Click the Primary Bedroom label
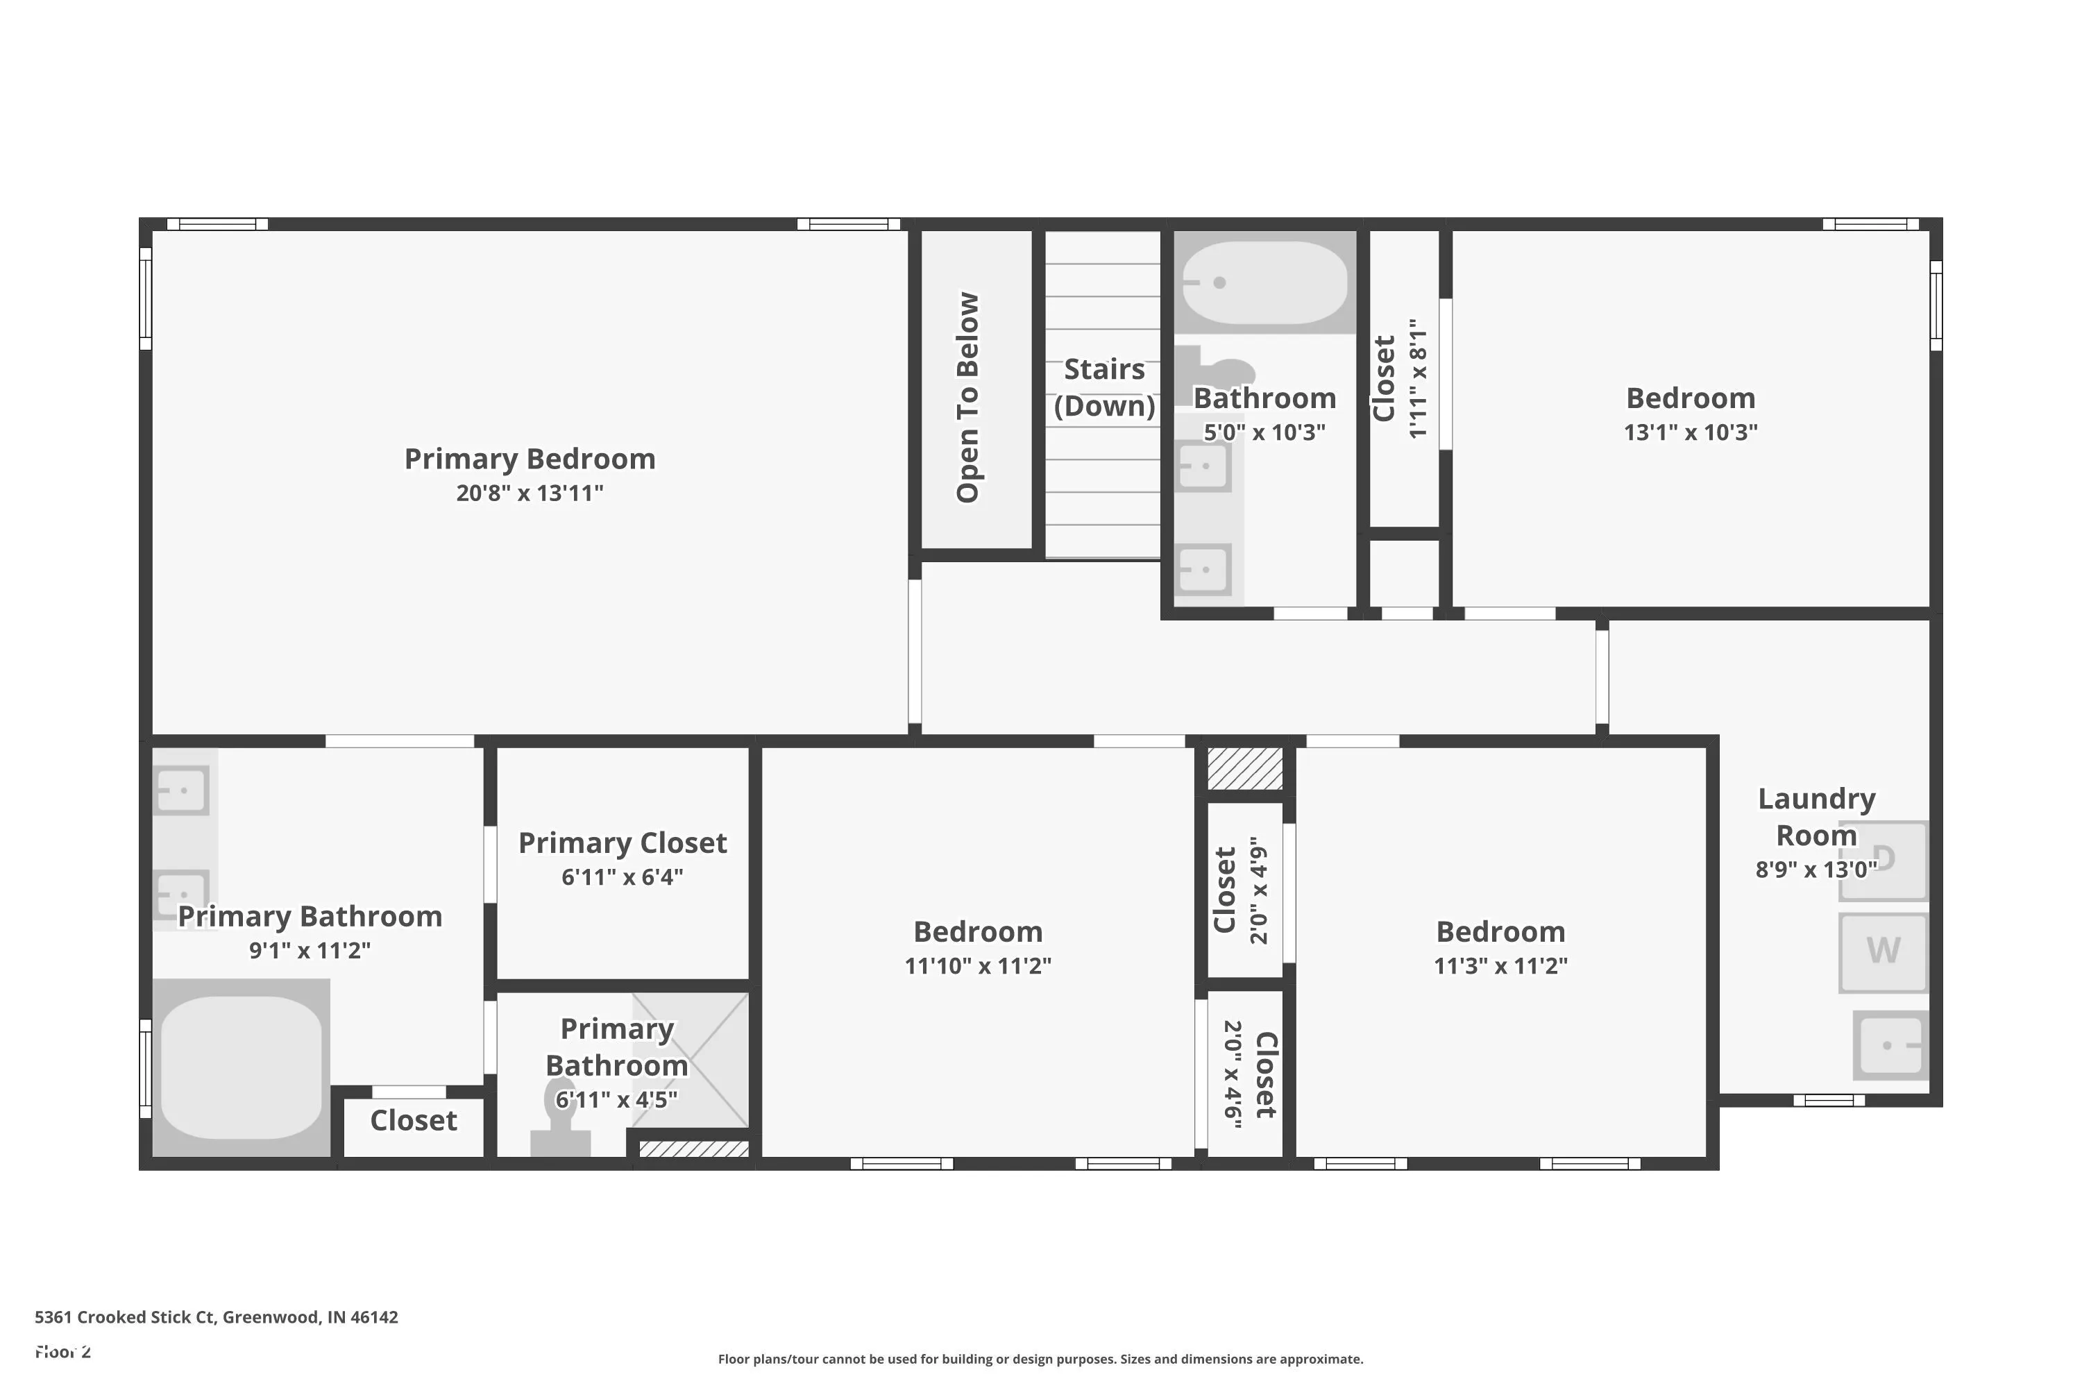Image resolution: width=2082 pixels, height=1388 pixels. [x=530, y=459]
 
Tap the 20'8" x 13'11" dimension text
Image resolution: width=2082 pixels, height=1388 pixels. [x=530, y=493]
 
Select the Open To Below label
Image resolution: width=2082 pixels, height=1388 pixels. [x=967, y=398]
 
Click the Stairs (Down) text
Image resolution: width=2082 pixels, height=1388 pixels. [x=1104, y=387]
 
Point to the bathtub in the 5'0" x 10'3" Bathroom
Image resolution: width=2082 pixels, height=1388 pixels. [x=1265, y=282]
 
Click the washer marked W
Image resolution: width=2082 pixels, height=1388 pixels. [x=1883, y=951]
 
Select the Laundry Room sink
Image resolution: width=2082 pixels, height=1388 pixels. [x=1890, y=1045]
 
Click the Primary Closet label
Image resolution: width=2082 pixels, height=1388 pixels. [x=623, y=843]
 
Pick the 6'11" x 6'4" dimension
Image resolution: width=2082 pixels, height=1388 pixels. [x=623, y=877]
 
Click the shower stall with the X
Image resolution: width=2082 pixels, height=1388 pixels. [x=691, y=1060]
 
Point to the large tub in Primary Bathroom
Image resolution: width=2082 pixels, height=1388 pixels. [x=241, y=1067]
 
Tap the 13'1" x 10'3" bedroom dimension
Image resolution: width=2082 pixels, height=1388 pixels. [x=1691, y=432]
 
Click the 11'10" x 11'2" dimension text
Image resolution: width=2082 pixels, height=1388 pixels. [x=978, y=966]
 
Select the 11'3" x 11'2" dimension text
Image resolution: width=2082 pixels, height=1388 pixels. [x=1500, y=966]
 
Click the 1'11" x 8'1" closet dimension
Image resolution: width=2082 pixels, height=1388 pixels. [x=1418, y=379]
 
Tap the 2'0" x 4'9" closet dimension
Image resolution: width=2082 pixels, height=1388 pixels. [x=1259, y=890]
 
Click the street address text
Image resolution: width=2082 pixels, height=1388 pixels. [x=216, y=1317]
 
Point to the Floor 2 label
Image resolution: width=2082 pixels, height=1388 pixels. [x=63, y=1352]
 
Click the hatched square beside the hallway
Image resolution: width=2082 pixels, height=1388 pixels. [x=1244, y=768]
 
